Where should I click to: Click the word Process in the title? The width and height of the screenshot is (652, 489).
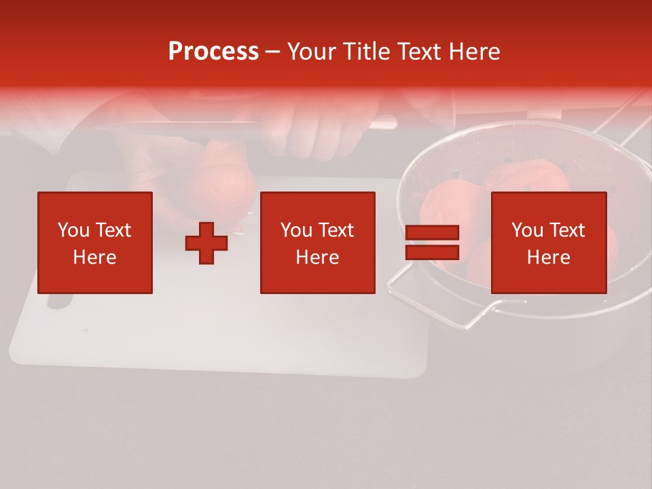pos(213,51)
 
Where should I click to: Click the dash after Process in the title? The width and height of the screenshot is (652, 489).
pos(273,52)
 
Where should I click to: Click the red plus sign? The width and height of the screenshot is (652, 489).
pos(206,243)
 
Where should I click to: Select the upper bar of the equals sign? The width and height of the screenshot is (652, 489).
pos(432,233)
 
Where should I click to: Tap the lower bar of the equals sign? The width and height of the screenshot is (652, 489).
pos(432,252)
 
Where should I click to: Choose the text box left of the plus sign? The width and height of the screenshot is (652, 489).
pos(95,242)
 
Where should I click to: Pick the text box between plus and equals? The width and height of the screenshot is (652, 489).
pos(317,242)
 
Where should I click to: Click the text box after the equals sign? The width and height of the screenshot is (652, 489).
pos(548,242)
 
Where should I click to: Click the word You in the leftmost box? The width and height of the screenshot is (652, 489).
pos(73,230)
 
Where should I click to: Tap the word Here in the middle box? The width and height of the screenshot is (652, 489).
pos(317,257)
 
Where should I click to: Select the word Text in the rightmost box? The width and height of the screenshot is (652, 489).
pos(566,230)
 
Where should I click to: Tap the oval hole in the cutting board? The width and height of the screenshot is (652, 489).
pos(59,303)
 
